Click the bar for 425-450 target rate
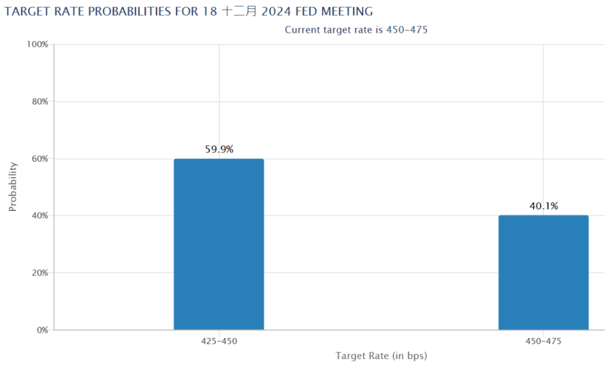click(219, 244)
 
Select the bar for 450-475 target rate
click(543, 272)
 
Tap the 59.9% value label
click(219, 149)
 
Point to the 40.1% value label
click(543, 206)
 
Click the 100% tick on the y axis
click(37, 44)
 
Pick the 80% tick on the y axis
click(39, 101)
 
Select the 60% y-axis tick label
click(39, 158)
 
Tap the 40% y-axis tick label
click(39, 215)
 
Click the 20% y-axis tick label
click(39, 273)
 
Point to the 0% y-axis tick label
click(41, 330)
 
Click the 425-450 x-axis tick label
click(219, 341)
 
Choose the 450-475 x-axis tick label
click(543, 341)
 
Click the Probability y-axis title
click(13, 187)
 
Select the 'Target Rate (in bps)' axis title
click(381, 356)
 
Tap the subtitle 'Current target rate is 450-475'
click(356, 29)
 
